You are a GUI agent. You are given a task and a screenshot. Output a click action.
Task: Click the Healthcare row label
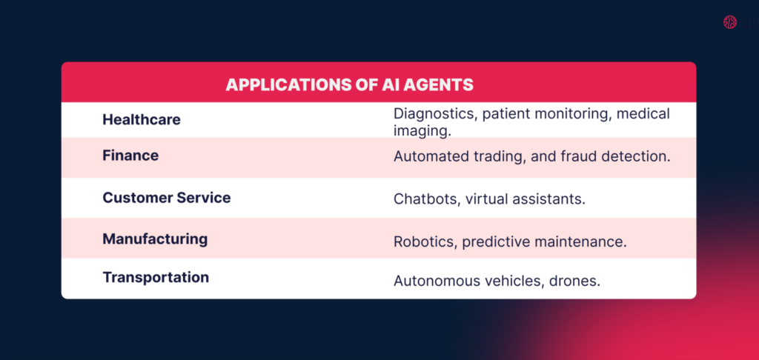142,119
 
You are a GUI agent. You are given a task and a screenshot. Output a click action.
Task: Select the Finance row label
130,156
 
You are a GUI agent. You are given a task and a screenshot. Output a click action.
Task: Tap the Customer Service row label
167,198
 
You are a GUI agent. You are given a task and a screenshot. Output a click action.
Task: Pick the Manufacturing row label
155,239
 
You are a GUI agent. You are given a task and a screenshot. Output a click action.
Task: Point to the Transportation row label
156,277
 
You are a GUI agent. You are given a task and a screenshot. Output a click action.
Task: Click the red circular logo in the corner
730,22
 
